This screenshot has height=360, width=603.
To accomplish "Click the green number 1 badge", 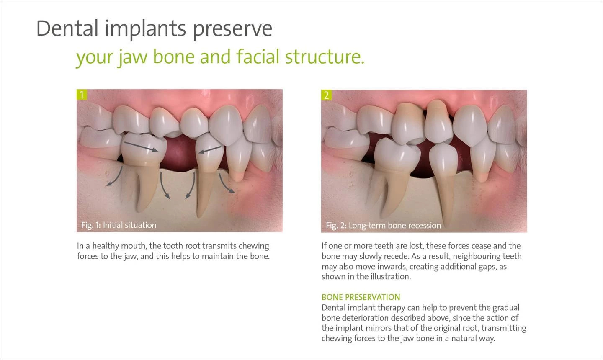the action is point(82,95).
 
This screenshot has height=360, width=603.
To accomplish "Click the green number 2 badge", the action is point(327,95).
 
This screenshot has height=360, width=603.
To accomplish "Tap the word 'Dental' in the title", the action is point(67,28).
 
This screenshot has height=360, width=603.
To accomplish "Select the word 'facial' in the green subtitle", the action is point(258,57).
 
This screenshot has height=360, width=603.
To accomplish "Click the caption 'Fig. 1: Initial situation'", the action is point(119,225).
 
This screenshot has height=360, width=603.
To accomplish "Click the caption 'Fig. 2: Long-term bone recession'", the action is point(383,225).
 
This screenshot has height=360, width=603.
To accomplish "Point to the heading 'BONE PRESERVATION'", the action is point(361,297).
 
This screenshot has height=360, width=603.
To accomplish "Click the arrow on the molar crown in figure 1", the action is point(141,147).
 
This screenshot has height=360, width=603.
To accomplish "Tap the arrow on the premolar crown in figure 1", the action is point(210,150).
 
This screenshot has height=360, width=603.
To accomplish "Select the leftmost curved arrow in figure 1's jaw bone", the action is point(116,177).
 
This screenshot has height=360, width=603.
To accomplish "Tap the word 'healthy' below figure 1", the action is point(106,246).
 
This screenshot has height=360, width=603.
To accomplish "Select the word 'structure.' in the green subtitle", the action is point(325,57).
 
